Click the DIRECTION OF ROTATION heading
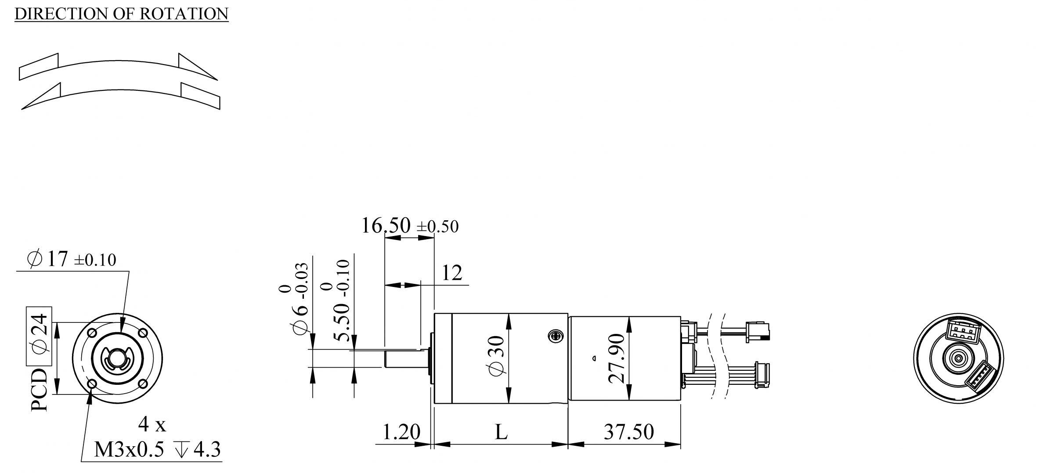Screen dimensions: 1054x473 [x=122, y=14]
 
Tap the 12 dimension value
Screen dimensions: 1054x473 [x=452, y=273]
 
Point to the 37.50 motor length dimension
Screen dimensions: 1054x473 [x=629, y=432]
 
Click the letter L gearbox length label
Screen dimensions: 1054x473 [x=501, y=432]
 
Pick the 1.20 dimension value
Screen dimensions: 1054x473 [x=401, y=432]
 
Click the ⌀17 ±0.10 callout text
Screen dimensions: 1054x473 [x=72, y=259]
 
